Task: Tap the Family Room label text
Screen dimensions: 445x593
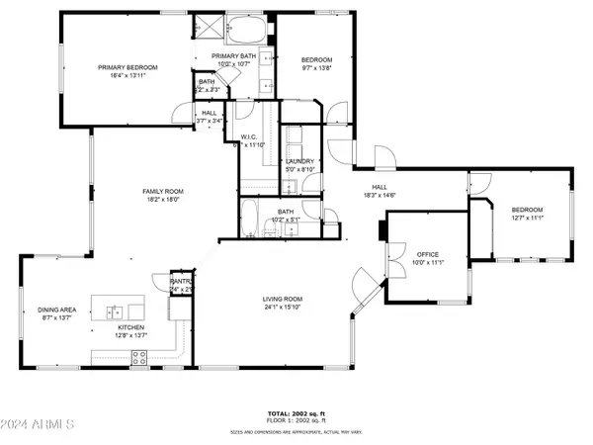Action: coord(162,192)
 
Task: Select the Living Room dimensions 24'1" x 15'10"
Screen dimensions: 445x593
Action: coord(282,308)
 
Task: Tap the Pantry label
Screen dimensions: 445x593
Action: coord(180,282)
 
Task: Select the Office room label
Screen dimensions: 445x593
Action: coord(427,254)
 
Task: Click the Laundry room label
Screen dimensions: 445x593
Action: coord(299,161)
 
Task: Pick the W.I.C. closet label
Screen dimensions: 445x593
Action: coord(249,136)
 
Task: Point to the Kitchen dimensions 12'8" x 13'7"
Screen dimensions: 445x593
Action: coord(131,335)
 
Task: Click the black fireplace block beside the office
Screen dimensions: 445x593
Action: coord(381,230)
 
